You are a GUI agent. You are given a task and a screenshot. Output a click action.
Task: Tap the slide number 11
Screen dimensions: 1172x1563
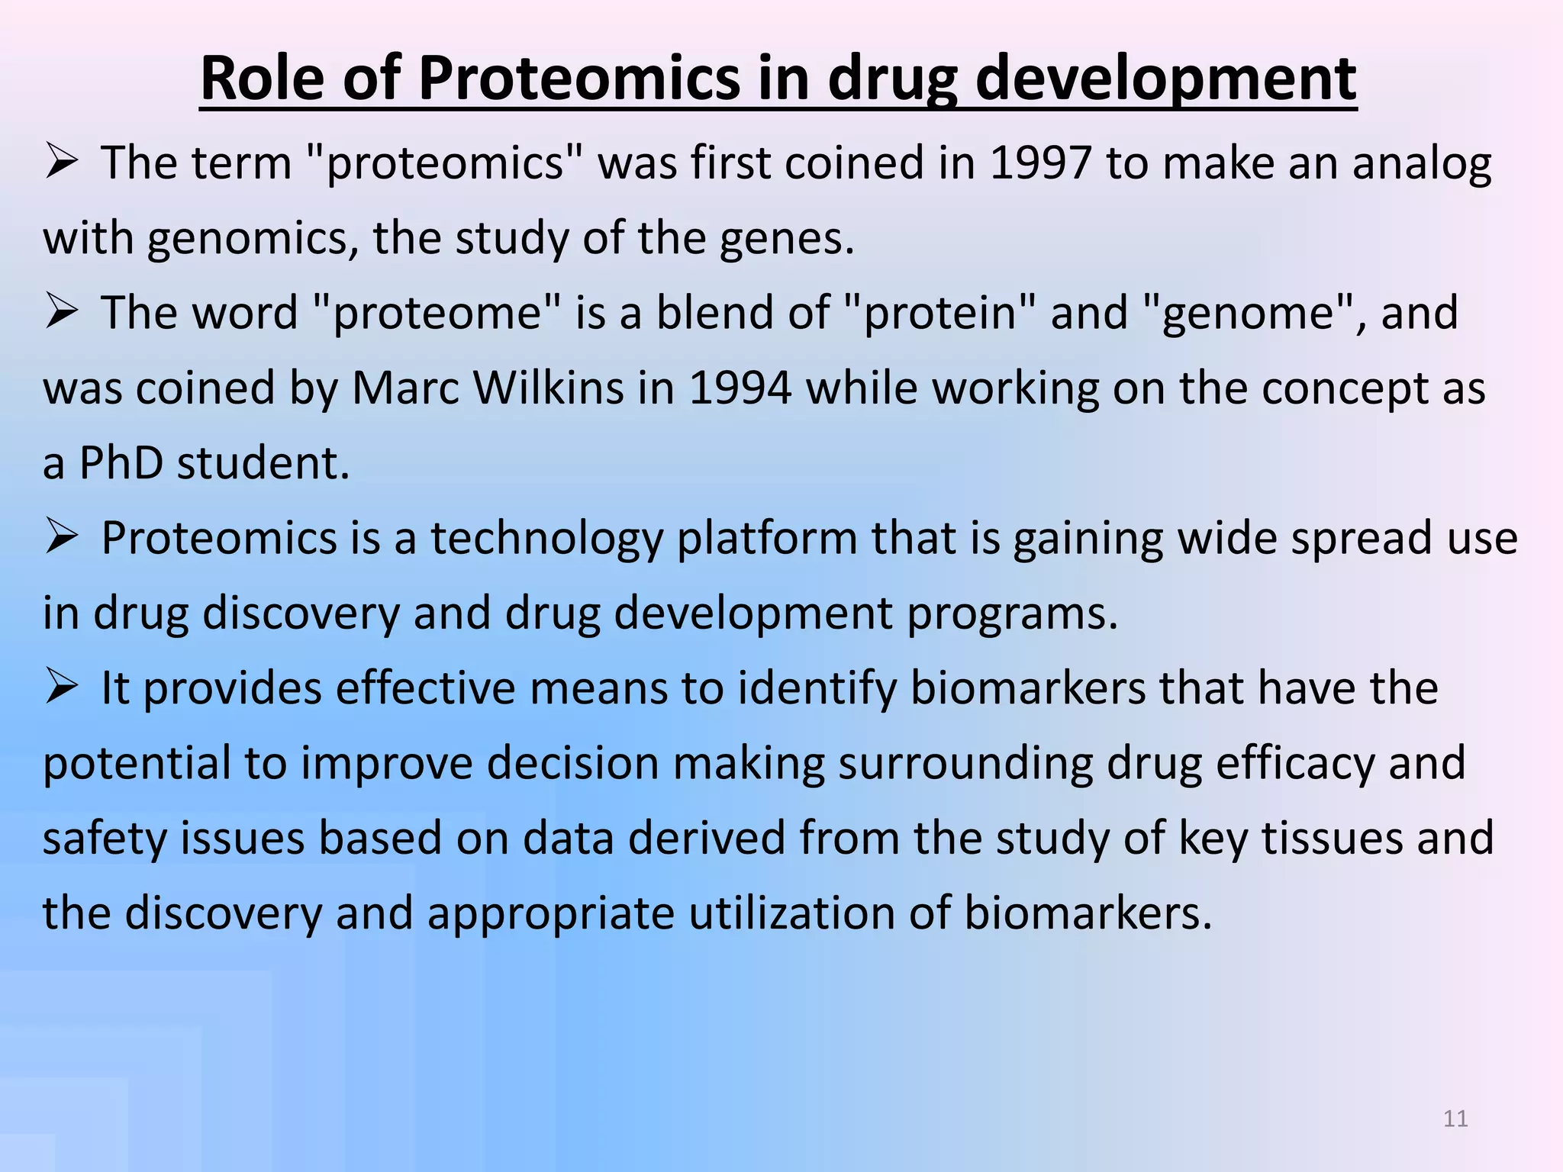[x=1455, y=1119]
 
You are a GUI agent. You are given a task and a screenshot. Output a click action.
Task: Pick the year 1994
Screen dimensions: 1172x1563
[x=740, y=388]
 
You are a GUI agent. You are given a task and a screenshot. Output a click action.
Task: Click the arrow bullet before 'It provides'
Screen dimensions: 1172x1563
[x=62, y=685]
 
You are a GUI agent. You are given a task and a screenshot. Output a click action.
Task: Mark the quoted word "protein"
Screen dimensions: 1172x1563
[x=940, y=314]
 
